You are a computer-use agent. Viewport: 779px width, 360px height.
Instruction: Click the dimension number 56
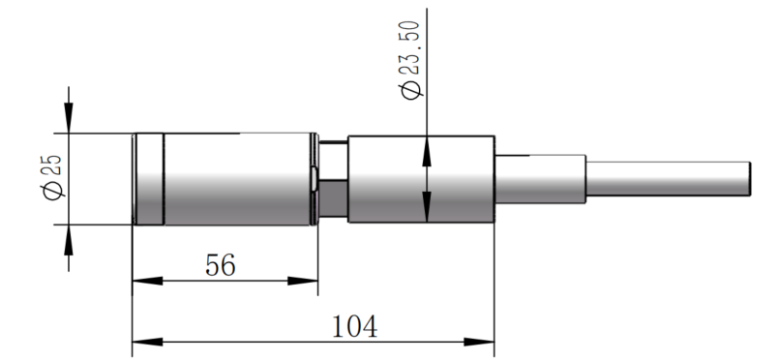tap(221, 264)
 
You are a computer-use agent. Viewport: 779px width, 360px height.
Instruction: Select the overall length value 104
tap(354, 325)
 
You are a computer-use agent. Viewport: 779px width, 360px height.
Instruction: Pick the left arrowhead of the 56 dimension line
tap(140, 282)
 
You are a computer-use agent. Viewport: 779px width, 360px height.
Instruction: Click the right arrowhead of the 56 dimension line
tap(309, 282)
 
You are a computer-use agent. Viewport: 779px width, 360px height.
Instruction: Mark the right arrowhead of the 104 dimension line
tap(486, 342)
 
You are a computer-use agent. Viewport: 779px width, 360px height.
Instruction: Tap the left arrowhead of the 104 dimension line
tap(140, 342)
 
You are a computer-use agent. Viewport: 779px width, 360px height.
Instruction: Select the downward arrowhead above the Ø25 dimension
tap(68, 122)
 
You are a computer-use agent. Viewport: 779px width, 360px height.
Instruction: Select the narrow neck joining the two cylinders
tap(333, 179)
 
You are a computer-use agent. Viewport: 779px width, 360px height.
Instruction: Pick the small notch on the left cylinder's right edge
tap(316, 179)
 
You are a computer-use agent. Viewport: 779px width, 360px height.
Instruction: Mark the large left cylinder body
tap(237, 179)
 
